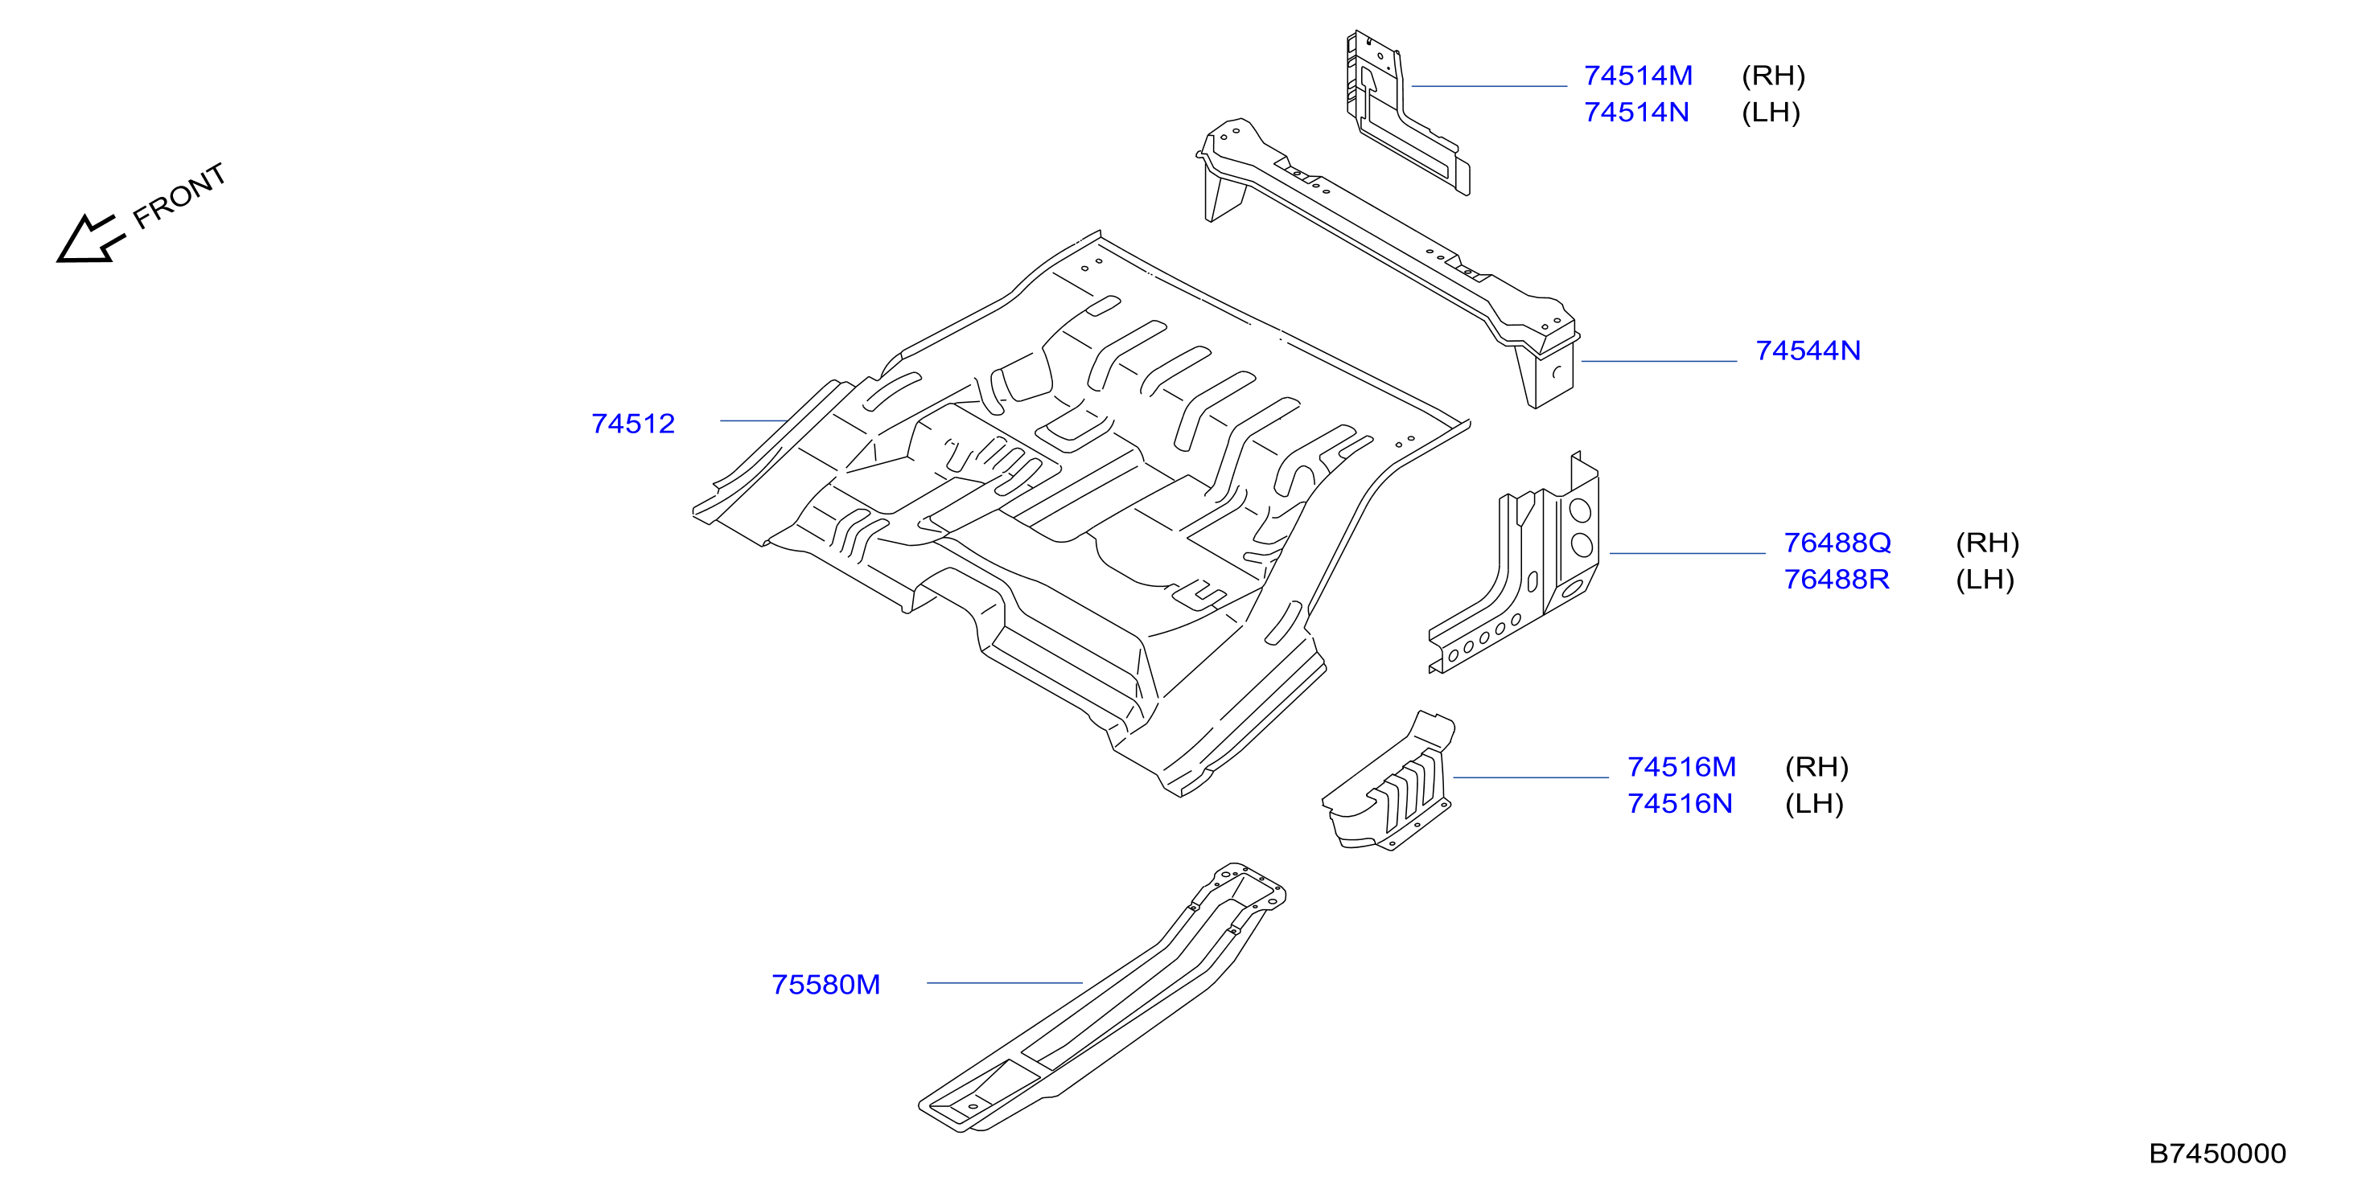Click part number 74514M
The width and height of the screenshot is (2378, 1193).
pos(1638,76)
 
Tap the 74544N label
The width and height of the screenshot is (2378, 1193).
pos(1808,351)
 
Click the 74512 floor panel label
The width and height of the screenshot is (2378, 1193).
pos(633,424)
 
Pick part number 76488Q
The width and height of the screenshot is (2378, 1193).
pos(1837,543)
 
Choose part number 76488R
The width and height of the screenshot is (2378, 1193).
pos(1836,580)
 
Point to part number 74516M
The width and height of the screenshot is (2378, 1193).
pos(1681,767)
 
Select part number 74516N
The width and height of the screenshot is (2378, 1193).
pos(1679,804)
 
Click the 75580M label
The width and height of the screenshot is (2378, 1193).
pos(825,985)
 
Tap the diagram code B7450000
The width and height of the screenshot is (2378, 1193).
pos(2217,1154)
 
